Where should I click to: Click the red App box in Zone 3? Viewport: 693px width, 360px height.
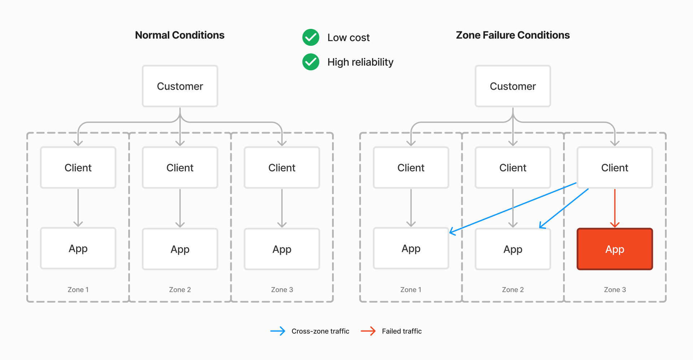(615, 249)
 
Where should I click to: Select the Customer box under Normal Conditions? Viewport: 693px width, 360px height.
(180, 86)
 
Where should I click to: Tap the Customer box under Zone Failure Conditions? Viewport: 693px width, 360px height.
(513, 86)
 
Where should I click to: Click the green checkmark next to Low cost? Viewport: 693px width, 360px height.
(311, 37)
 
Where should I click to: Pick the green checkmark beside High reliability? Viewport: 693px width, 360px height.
(311, 62)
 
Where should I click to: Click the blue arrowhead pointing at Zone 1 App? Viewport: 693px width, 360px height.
(452, 232)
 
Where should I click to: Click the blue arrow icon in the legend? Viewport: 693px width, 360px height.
(278, 331)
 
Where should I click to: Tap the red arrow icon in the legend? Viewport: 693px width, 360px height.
(368, 331)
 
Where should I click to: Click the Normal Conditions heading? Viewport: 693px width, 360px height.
(180, 35)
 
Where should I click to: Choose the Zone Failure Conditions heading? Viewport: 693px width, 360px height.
(513, 35)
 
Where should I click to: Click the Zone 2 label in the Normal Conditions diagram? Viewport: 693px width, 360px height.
(180, 290)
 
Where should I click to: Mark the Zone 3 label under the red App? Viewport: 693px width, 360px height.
(615, 290)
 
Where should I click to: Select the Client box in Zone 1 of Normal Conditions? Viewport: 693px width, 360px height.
(78, 168)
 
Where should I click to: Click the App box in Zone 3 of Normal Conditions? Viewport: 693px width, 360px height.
(282, 249)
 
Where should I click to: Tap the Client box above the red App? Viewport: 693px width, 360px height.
(615, 168)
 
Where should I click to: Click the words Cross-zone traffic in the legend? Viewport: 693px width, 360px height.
(320, 331)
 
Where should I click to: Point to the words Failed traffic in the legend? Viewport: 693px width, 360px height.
(402, 331)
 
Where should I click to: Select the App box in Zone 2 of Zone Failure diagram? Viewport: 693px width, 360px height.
(513, 249)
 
